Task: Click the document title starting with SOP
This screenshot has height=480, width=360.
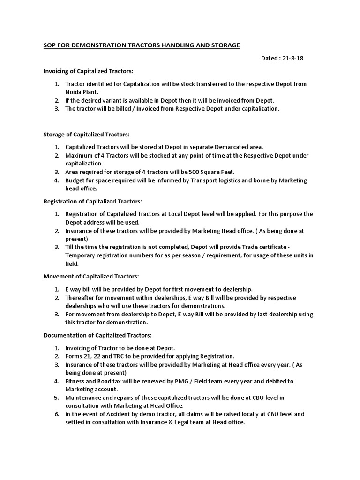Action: [x=142, y=45]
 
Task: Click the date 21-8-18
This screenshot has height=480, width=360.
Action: [x=295, y=58]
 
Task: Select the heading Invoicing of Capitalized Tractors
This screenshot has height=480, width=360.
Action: [x=88, y=71]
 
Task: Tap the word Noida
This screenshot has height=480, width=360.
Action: [x=74, y=92]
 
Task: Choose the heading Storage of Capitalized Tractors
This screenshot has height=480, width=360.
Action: [x=86, y=134]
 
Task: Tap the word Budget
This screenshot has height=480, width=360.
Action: [x=75, y=180]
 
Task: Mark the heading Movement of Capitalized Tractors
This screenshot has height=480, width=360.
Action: [x=91, y=277]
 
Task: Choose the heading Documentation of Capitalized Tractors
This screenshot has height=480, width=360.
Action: [x=97, y=335]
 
